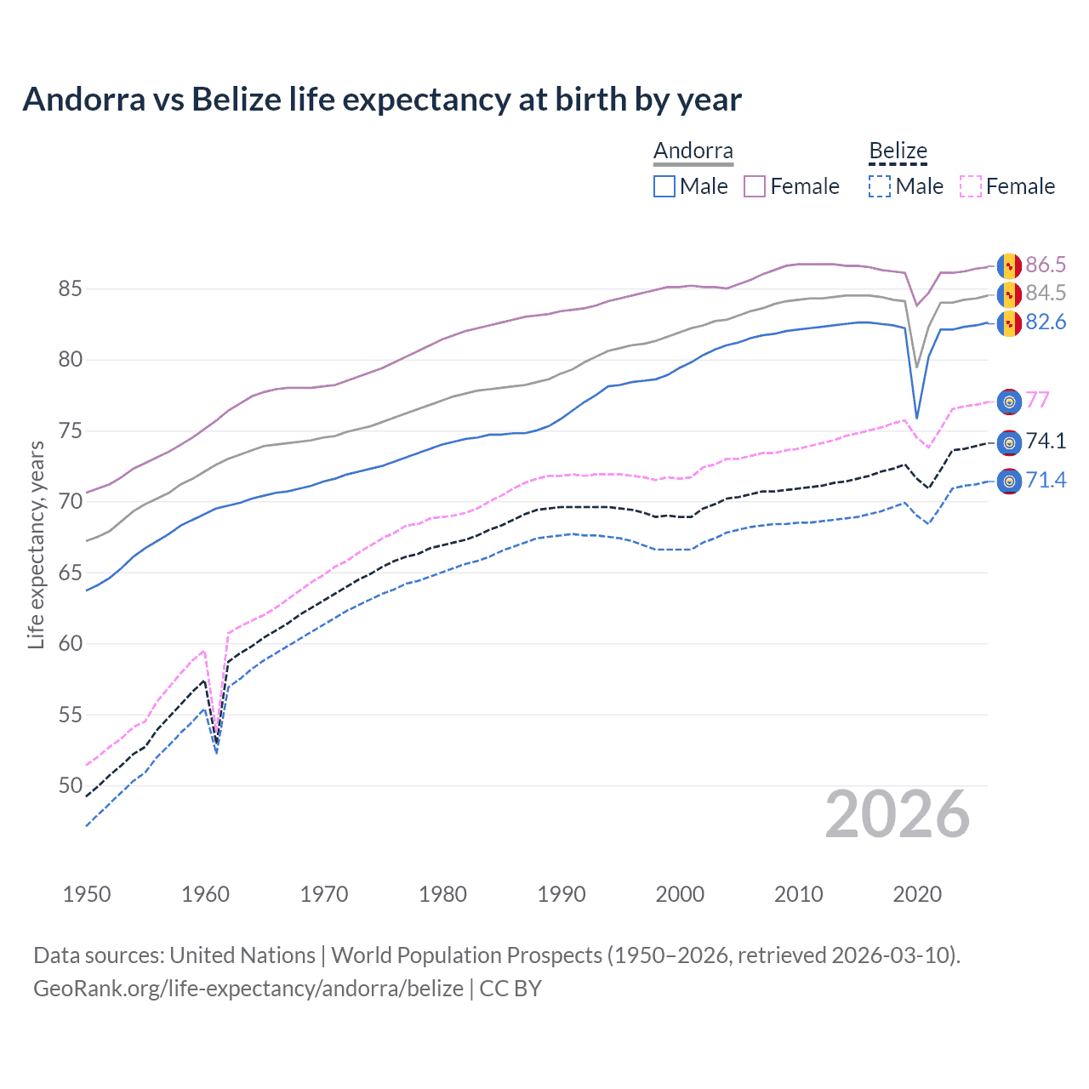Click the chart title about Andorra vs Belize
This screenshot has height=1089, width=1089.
(382, 100)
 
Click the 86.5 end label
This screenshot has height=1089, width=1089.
(1046, 265)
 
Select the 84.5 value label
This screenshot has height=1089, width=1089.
(1046, 293)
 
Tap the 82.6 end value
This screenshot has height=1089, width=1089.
(1046, 322)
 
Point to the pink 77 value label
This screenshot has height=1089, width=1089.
(1038, 400)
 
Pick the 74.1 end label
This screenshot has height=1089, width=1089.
(1046, 441)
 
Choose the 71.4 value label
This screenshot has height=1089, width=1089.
(1046, 480)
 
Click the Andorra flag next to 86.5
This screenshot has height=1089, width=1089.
(1009, 266)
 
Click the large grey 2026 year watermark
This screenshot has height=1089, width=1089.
(898, 814)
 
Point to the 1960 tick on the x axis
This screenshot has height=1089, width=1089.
(206, 894)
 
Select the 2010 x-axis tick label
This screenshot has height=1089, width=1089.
(798, 894)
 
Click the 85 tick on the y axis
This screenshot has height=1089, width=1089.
(70, 289)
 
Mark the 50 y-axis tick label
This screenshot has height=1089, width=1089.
(70, 785)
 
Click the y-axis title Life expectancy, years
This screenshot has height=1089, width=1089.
(36, 544)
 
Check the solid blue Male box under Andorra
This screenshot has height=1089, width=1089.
(664, 186)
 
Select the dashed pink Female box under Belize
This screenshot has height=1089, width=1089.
(971, 186)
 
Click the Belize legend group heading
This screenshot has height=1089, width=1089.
(898, 151)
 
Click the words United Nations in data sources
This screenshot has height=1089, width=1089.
(242, 955)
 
